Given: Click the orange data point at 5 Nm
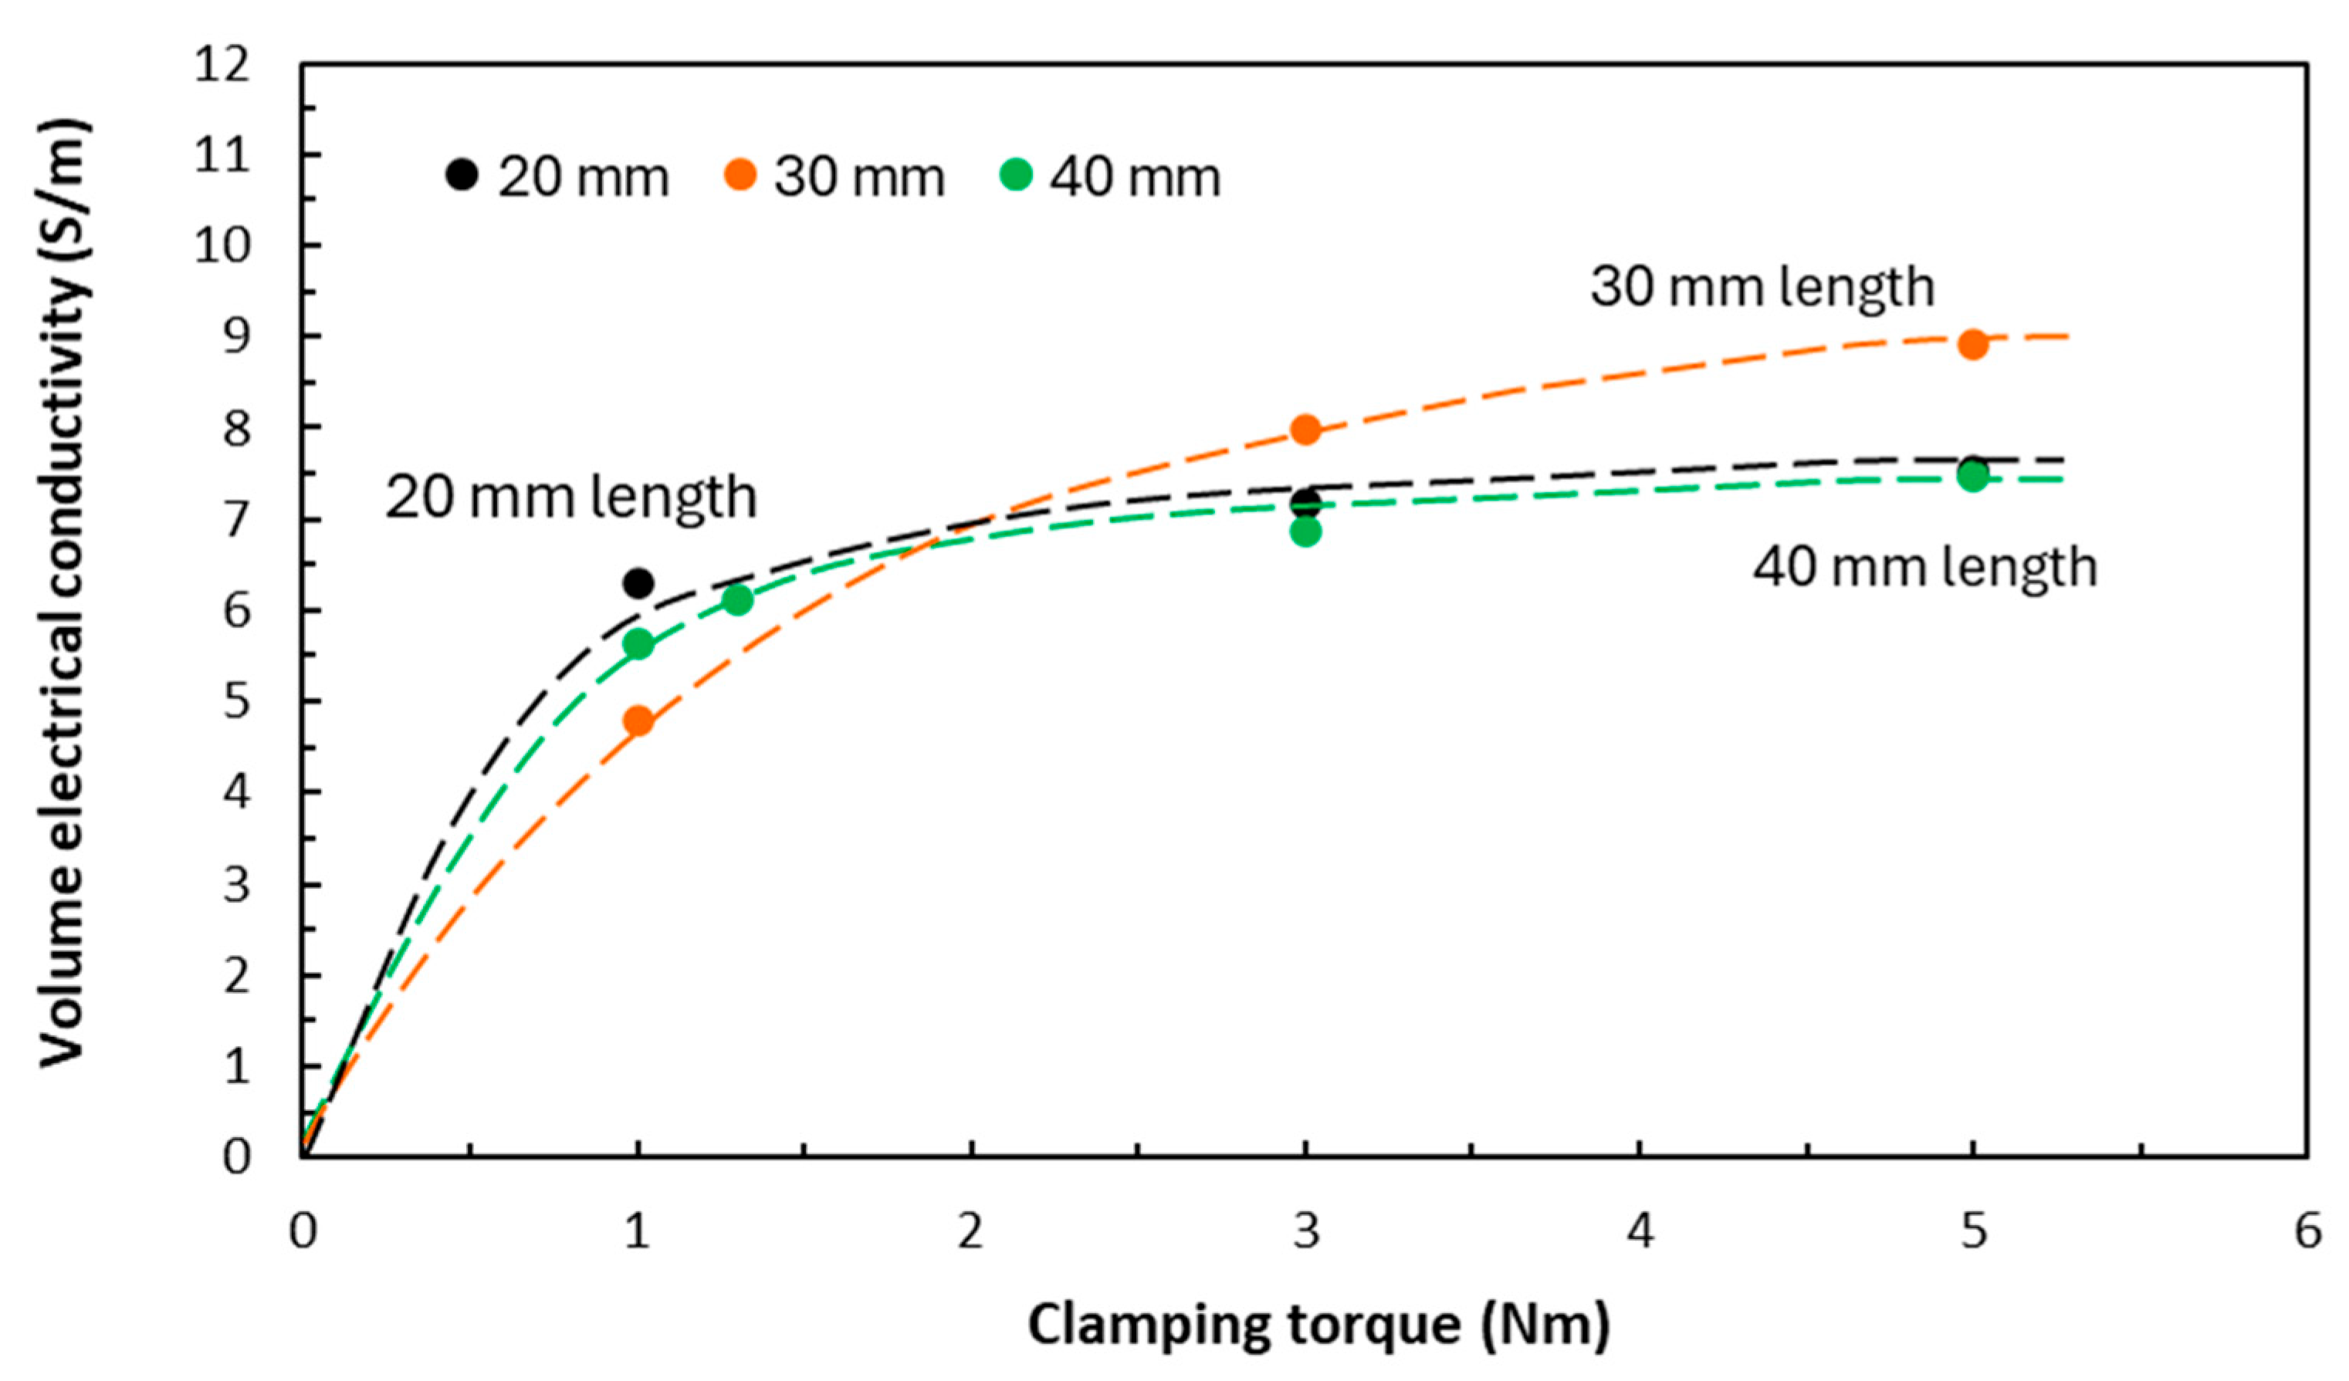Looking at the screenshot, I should pos(1972,345).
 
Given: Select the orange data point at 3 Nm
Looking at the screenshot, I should pos(1305,430).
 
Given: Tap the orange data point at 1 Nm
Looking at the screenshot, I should pos(638,721).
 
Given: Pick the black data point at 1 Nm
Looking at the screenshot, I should pos(638,584).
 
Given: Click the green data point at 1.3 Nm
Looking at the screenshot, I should pos(737,600).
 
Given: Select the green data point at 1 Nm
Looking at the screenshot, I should pos(638,645).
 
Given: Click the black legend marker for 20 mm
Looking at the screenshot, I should pos(462,174).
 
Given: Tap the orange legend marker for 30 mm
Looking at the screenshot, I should pos(741,174).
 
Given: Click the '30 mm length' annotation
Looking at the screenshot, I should pos(1762,287).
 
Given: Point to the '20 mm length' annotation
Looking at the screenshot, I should pos(570,498).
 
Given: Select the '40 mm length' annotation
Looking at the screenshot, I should pos(1925,568).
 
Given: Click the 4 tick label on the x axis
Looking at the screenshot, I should pos(1640,1232).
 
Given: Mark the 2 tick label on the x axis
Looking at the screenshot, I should pos(971,1232).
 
